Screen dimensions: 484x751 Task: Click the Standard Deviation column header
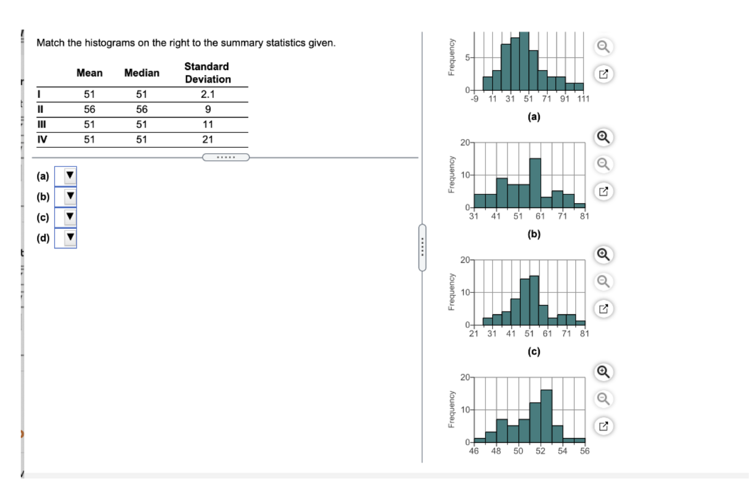pyautogui.click(x=207, y=73)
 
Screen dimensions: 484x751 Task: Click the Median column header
pyautogui.click(x=142, y=73)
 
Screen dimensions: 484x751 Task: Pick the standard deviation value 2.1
pyautogui.click(x=207, y=94)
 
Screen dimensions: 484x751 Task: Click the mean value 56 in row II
pyautogui.click(x=89, y=109)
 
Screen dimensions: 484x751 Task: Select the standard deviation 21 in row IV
pyautogui.click(x=207, y=139)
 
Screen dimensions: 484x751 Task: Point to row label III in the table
pyautogui.click(x=41, y=124)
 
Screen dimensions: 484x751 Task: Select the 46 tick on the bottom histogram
pyautogui.click(x=475, y=451)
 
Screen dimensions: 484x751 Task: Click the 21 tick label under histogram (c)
pyautogui.click(x=474, y=333)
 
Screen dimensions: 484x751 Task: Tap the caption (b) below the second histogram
pyautogui.click(x=534, y=234)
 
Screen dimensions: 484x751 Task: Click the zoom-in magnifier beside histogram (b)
pyautogui.click(x=603, y=137)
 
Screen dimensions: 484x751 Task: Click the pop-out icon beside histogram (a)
pyautogui.click(x=603, y=73)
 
